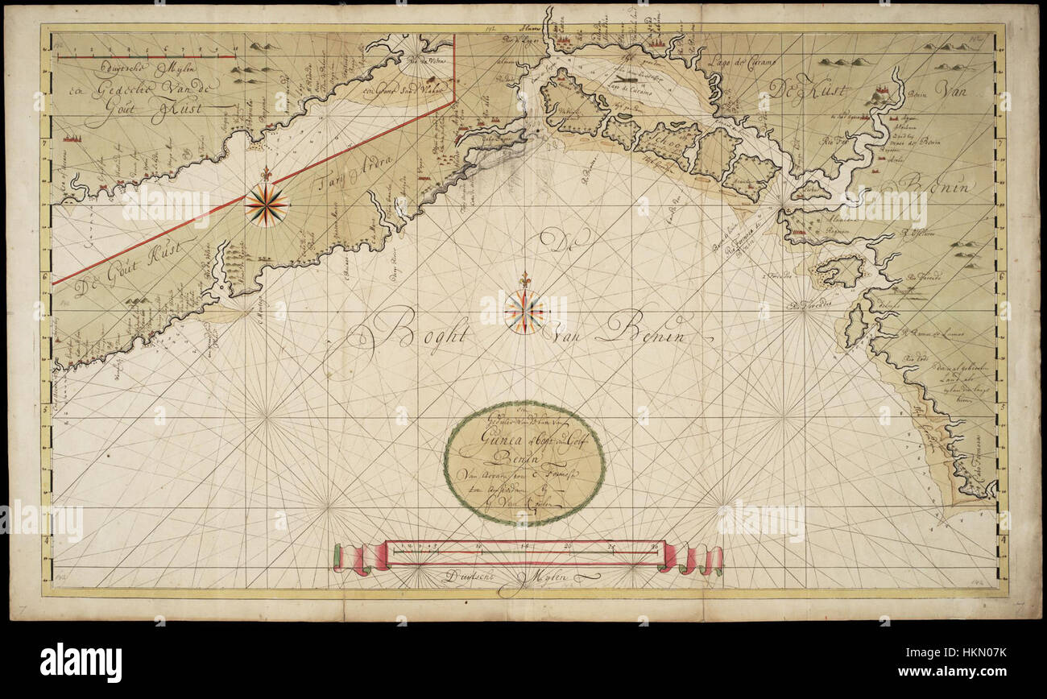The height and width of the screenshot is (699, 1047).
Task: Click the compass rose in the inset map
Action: tap(266, 205)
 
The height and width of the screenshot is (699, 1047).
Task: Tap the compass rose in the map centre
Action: tap(524, 312)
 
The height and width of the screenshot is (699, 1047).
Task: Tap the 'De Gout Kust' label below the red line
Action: tap(134, 269)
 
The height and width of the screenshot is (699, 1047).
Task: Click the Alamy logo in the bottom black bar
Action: tap(81, 662)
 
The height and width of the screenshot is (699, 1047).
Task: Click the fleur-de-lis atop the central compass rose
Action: tap(525, 279)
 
